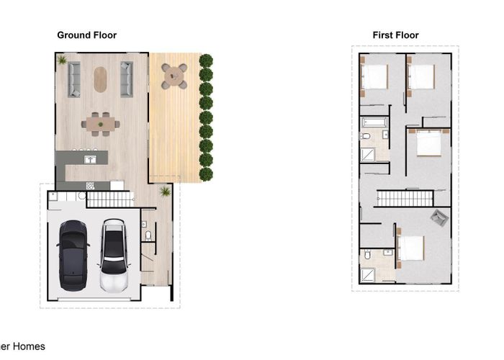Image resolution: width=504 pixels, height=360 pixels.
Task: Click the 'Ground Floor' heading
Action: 86,35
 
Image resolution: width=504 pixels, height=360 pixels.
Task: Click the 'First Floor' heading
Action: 395,35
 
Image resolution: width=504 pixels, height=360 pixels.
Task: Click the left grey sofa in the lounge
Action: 74,79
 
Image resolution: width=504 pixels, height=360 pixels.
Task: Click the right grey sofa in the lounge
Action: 127,79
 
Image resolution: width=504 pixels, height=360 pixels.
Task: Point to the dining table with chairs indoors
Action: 101,123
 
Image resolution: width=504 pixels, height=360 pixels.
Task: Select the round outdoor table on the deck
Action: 174,75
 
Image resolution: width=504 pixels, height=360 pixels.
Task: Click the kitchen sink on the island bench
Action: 90,158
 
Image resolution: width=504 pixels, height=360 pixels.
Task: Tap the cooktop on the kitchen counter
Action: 91,186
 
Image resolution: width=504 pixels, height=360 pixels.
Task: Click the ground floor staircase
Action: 111,199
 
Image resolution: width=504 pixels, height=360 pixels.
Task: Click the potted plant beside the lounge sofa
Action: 62,60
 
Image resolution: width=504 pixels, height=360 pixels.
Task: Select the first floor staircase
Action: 405,198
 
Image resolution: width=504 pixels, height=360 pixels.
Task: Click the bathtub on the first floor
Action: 374,122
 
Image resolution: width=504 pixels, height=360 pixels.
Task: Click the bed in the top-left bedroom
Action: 374,76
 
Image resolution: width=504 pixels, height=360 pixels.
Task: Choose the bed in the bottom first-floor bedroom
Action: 411,248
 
